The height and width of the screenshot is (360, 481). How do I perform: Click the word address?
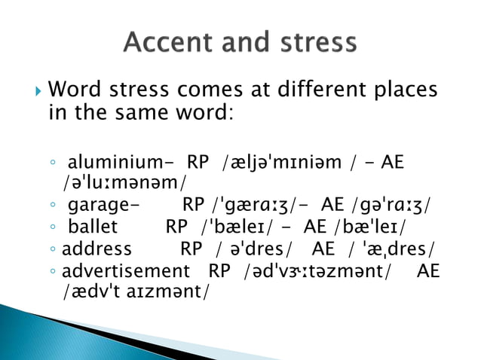tap(97, 249)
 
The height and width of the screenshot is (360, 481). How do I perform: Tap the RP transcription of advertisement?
tap(314, 271)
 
